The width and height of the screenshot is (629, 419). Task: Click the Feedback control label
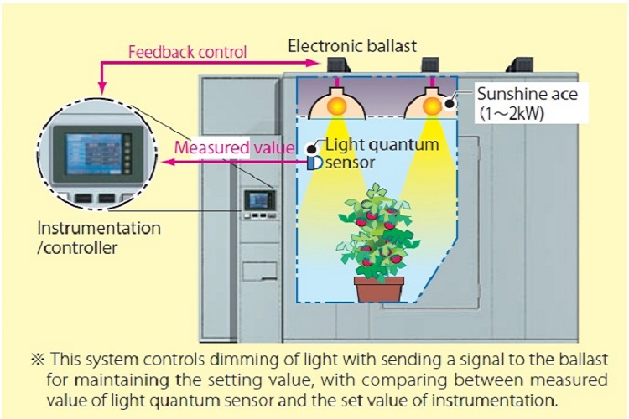(187, 53)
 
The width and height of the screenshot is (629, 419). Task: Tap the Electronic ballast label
(351, 46)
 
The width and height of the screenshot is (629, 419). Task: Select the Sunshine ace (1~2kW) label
(528, 103)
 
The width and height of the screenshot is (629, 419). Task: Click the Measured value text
(234, 147)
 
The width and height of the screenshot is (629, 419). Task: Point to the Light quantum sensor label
(381, 153)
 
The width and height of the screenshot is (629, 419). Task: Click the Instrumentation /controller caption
(99, 238)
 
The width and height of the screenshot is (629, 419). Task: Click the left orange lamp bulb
(336, 106)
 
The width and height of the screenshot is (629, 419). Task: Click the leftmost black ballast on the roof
(337, 65)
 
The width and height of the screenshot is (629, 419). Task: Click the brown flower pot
(379, 288)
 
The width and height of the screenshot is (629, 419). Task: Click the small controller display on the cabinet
(259, 199)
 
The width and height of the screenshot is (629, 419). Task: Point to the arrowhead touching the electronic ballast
(312, 63)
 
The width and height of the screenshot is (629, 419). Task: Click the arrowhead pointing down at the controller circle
(102, 87)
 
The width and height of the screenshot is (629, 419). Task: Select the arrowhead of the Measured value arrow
(167, 162)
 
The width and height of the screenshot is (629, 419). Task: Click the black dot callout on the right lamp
(450, 103)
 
